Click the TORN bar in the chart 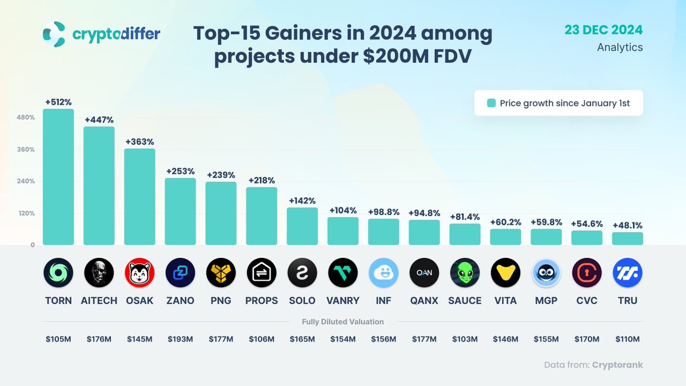click(58, 177)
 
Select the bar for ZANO click(180, 212)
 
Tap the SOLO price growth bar click(302, 226)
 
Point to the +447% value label click(99, 120)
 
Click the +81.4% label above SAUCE click(464, 217)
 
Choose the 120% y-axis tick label click(27, 213)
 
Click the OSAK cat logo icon click(139, 273)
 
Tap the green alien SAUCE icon click(465, 273)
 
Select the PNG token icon click(221, 273)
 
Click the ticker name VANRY click(343, 301)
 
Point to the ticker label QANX click(424, 301)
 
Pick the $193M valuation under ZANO click(180, 339)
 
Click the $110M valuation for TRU click(627, 339)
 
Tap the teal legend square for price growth click(490, 104)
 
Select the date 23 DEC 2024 click(604, 30)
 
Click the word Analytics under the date click(620, 47)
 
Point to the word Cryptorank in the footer click(617, 365)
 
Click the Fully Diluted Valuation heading click(342, 322)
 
